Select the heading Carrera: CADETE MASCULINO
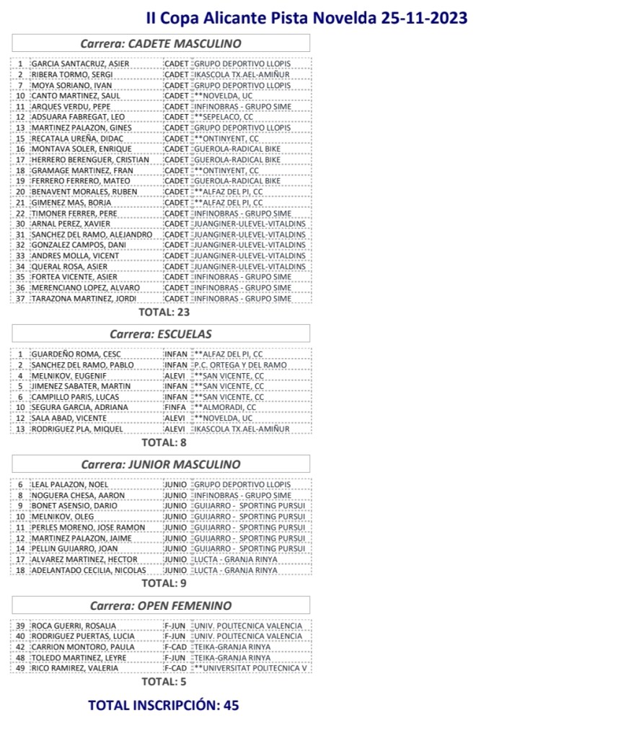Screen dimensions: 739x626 [x=161, y=43]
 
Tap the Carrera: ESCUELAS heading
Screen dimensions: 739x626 [x=161, y=334]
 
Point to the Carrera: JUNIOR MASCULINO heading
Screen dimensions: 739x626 [x=161, y=464]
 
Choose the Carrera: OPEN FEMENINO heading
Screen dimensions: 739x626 [x=161, y=605]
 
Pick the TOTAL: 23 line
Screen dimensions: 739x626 [x=164, y=312]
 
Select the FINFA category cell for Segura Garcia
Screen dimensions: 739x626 [x=176, y=408]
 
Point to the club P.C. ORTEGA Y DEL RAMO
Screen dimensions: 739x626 [x=240, y=365]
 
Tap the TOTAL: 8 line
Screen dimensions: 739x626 [x=164, y=442]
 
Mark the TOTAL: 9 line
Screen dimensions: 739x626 [x=164, y=583]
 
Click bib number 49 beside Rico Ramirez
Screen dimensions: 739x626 [x=21, y=668]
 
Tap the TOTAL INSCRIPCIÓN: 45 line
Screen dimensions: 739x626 [x=164, y=705]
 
